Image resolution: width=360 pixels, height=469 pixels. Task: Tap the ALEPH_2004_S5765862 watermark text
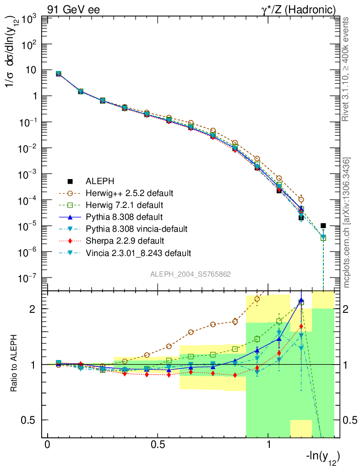[191, 274]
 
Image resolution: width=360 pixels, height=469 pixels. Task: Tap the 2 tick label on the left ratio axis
[33, 309]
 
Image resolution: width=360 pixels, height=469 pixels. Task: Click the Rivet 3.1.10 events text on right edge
[347, 70]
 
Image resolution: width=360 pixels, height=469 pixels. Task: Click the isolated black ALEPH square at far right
[323, 225]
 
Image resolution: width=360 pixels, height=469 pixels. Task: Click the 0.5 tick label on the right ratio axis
[350, 420]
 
